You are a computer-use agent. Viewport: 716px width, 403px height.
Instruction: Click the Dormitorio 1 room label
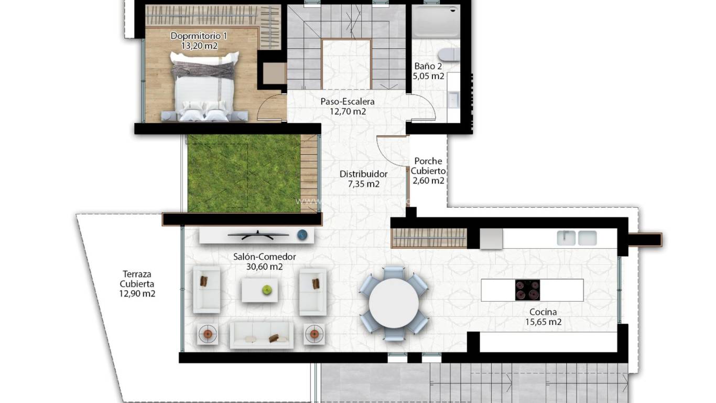(x=199, y=36)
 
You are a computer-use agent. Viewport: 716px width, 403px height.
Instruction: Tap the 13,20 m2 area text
(x=199, y=46)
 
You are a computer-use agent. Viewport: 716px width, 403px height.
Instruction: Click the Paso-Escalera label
(x=348, y=101)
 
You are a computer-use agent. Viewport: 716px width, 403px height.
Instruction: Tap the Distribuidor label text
(x=363, y=174)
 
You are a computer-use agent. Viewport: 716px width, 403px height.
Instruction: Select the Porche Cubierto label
(x=428, y=166)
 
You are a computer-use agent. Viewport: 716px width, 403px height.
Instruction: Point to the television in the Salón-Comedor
(x=257, y=234)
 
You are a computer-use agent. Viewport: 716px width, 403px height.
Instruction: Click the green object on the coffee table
(x=267, y=289)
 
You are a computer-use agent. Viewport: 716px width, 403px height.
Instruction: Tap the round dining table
(x=394, y=303)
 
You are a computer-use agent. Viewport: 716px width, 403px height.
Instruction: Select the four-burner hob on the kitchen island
(x=527, y=290)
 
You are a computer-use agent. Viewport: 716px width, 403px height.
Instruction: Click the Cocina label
(x=543, y=312)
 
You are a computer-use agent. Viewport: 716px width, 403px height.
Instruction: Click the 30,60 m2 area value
(x=264, y=267)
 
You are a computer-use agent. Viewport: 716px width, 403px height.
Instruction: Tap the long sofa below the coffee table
(x=262, y=335)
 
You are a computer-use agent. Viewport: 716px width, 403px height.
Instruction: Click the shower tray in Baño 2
(x=437, y=22)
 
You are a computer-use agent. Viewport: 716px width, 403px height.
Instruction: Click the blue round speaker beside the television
(x=302, y=235)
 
